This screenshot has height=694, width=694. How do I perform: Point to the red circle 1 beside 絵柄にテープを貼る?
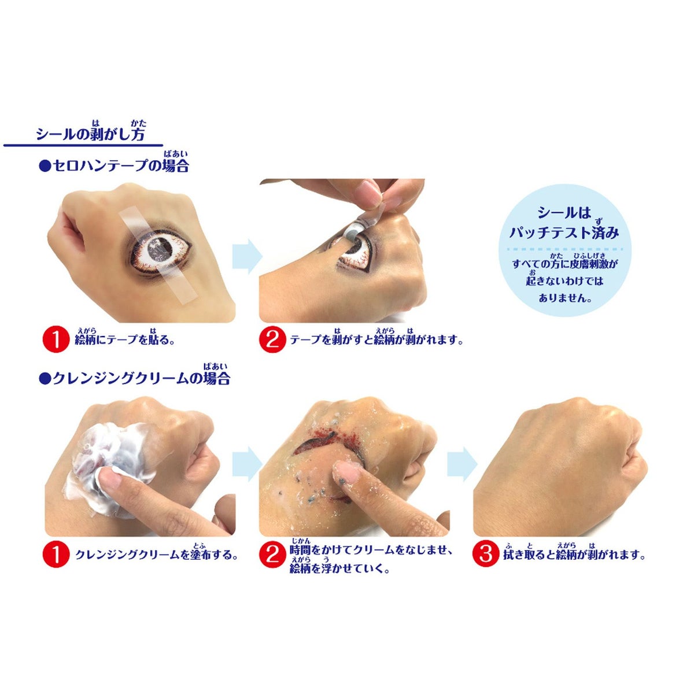pos(56,339)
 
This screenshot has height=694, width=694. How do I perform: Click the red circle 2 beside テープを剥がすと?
pos(272,339)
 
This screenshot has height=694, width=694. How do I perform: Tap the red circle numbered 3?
pos(485,554)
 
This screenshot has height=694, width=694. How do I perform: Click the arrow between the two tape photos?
pos(247,256)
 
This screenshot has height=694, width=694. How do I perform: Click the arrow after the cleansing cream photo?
pos(247,464)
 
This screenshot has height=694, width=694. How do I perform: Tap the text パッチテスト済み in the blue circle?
pos(564,232)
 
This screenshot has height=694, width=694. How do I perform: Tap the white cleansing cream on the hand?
pos(108,464)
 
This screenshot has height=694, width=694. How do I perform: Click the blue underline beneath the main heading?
pos(83,145)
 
